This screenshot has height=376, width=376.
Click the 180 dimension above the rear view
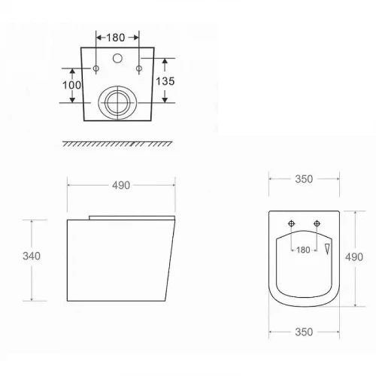(x=116, y=38)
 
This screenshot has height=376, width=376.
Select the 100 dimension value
(x=71, y=85)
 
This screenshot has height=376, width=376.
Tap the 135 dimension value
(x=165, y=81)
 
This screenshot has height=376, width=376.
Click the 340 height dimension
(x=32, y=256)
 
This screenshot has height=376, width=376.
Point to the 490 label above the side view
(x=121, y=185)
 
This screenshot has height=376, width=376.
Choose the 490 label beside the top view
(x=354, y=257)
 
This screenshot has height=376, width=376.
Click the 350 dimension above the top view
(x=304, y=179)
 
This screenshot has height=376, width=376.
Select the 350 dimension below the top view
(x=304, y=332)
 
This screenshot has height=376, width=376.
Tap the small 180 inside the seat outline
(x=303, y=250)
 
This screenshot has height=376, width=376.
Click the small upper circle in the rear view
(x=117, y=58)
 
